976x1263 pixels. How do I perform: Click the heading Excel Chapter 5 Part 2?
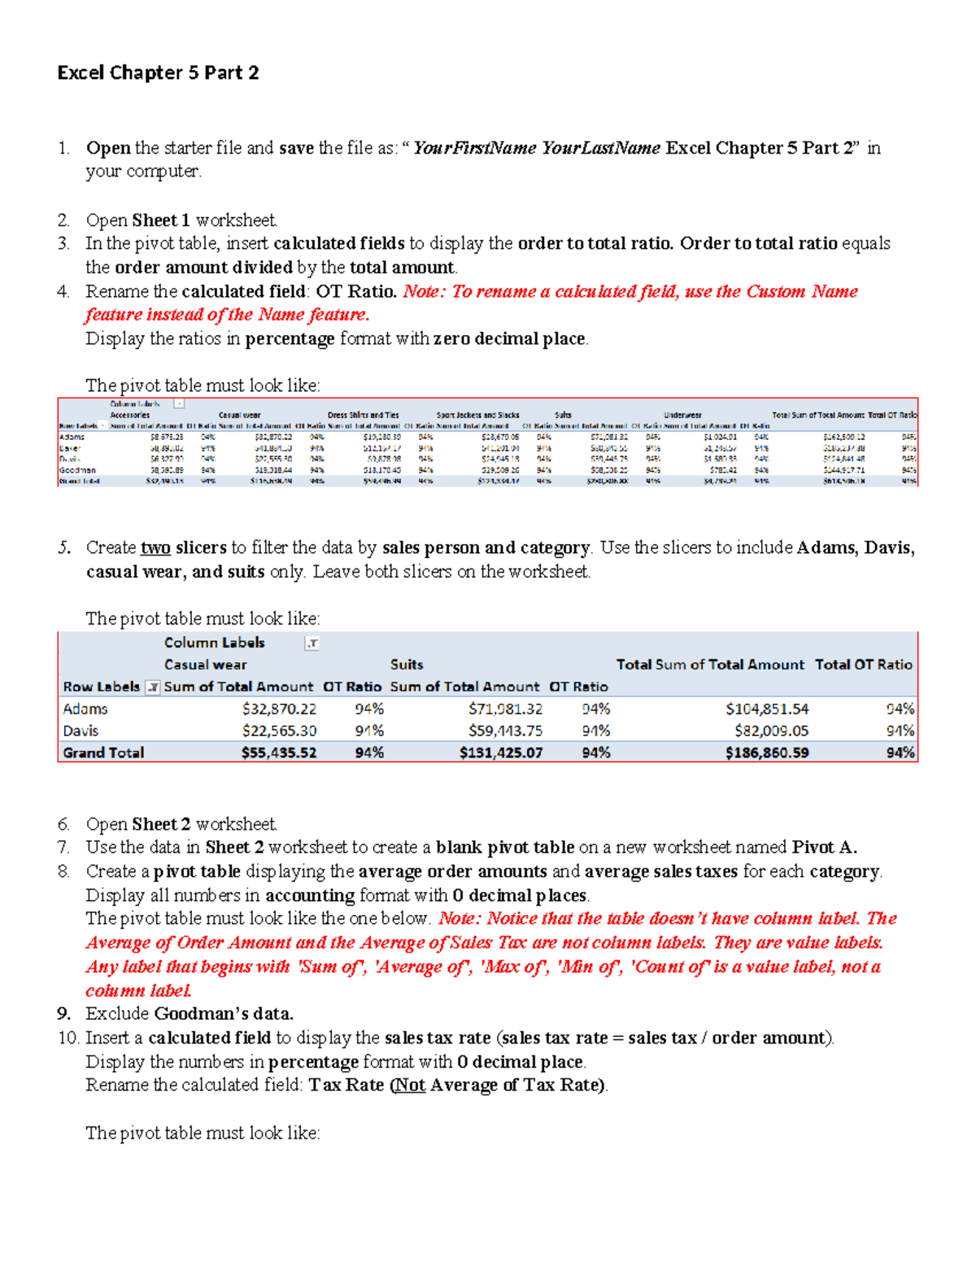point(158,72)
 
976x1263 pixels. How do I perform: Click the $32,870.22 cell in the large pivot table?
point(279,709)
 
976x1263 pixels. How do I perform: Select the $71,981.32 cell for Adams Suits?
point(505,709)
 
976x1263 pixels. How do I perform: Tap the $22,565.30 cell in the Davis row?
point(279,731)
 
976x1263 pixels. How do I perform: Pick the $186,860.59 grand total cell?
point(767,753)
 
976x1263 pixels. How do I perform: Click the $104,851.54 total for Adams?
point(767,709)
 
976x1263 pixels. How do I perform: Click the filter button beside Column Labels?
point(312,643)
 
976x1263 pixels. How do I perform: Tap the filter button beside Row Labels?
point(152,687)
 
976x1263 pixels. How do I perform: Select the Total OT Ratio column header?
point(863,664)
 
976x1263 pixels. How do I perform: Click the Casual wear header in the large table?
point(205,664)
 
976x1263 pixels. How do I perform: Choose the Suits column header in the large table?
point(407,664)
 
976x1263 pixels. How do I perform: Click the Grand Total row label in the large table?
point(103,753)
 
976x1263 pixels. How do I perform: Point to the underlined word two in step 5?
point(155,547)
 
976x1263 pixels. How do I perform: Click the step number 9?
point(64,1013)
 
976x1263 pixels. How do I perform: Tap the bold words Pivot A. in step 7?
point(824,847)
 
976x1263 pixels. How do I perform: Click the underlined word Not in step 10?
point(410,1085)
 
